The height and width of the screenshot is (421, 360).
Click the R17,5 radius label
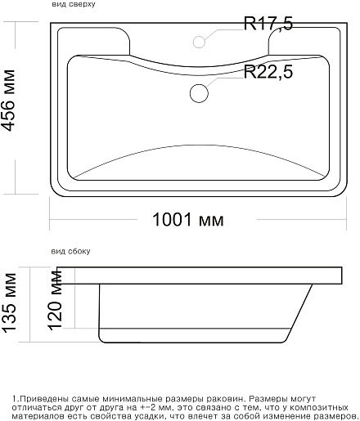268,24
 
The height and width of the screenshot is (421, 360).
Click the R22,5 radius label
268,72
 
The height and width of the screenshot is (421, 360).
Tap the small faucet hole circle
199,42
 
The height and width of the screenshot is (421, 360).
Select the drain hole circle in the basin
199,93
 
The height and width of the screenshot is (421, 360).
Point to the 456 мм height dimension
8,101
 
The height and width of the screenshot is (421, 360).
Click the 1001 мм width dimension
188,220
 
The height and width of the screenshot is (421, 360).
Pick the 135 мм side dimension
9,302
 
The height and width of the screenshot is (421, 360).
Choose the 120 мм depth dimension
56,300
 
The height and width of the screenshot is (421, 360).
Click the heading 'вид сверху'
74,4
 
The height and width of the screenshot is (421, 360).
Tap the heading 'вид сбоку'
70,251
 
